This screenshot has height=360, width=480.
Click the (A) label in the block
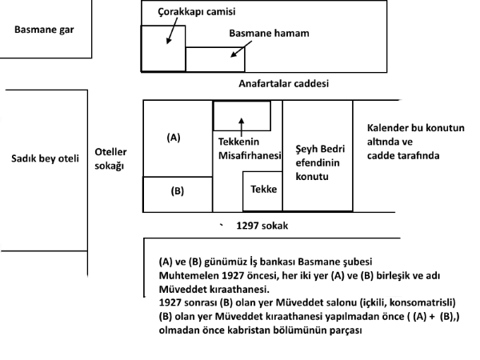pyautogui.click(x=174, y=138)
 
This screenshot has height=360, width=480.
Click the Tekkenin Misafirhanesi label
pyautogui.click(x=246, y=150)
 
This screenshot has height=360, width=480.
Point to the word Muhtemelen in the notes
pyautogui.click(x=187, y=275)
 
